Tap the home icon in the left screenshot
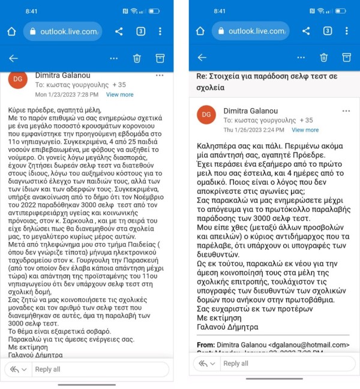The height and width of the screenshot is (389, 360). click(11, 31)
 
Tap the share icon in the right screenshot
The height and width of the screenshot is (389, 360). click(306, 31)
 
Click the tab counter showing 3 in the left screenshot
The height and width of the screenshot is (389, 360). click(140, 31)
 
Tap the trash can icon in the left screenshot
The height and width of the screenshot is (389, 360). click(137, 58)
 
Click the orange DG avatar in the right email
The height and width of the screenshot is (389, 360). click(206, 115)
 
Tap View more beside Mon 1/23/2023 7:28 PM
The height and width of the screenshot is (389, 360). click(119, 95)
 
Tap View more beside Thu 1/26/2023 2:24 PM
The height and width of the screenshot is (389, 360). click(305, 130)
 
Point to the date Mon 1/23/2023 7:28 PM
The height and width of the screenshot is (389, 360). click(67, 95)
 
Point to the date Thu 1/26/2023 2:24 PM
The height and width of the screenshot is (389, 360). click(253, 130)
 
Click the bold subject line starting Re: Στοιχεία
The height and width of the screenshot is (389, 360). click(267, 82)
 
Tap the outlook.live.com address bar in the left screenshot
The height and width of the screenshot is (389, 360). click(68, 31)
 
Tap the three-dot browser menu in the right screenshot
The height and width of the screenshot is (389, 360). click(347, 31)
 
